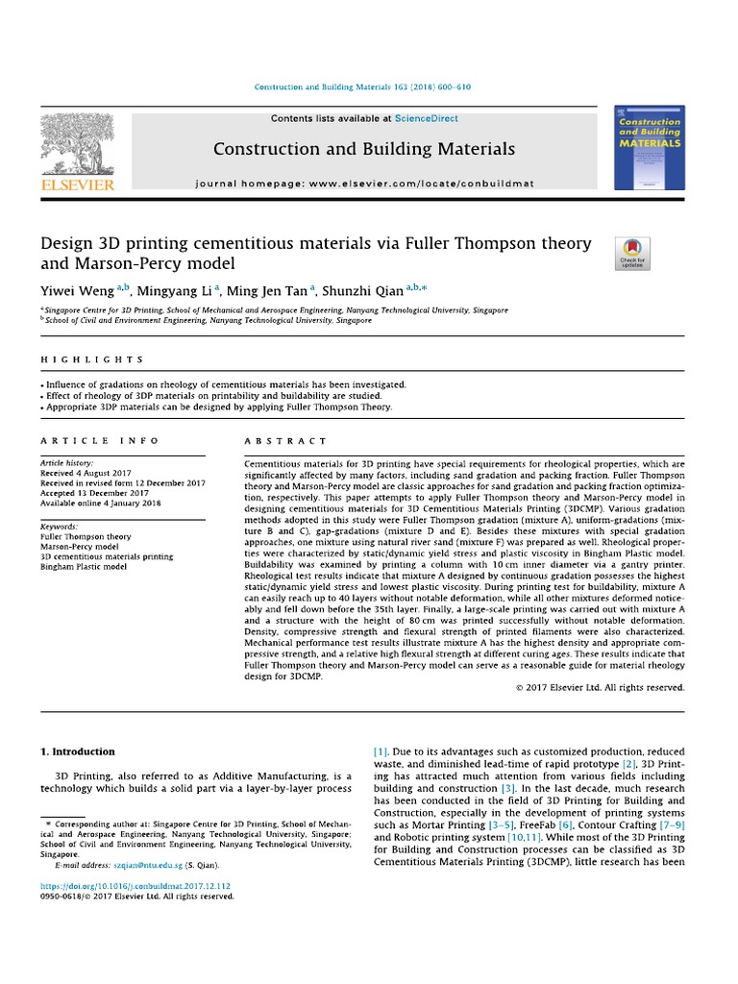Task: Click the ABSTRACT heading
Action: [x=274, y=440]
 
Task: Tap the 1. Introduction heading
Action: [x=78, y=751]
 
